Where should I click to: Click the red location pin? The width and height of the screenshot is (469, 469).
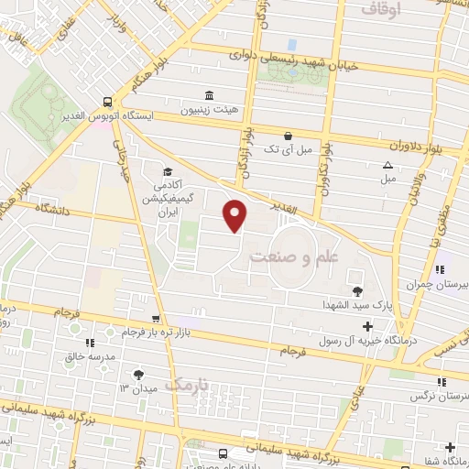coord(235,214)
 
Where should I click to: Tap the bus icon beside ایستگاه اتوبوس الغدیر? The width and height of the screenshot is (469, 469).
coord(109,103)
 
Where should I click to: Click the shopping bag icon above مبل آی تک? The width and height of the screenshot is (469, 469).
coord(289,136)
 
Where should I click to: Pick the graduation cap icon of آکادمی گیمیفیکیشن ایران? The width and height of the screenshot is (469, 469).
coord(167,172)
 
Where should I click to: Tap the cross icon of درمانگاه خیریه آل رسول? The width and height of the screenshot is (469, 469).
coord(367,327)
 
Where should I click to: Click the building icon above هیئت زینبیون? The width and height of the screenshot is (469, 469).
coord(211,95)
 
